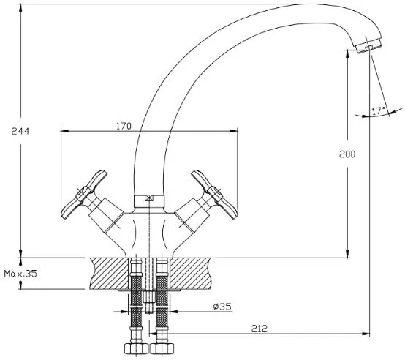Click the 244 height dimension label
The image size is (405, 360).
point(20,131)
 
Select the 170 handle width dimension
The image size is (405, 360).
point(124,126)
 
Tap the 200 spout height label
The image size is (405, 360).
point(347,154)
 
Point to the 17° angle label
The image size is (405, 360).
point(378,111)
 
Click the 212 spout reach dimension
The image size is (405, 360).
point(259,329)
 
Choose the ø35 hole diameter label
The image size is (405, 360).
point(222,307)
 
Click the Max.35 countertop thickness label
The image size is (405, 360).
point(20,274)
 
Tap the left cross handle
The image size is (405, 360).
point(84,195)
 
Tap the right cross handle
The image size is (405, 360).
point(214,195)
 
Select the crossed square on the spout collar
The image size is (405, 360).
point(149,198)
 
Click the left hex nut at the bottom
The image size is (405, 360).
point(136,348)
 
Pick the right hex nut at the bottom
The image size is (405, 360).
point(162,348)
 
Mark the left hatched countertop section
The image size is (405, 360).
point(109,274)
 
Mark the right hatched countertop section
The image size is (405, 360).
point(190,274)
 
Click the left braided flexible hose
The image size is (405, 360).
point(136,301)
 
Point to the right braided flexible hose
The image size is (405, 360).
point(162,301)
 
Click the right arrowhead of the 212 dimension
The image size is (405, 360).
point(366,334)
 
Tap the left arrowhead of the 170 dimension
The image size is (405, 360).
point(65,131)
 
